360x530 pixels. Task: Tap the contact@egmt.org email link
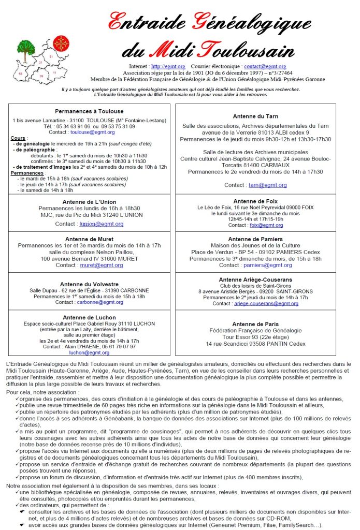tap(265, 66)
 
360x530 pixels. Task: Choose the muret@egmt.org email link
tap(101, 265)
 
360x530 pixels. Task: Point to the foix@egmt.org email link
tap(266, 225)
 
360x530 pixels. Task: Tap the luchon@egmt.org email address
tap(89, 352)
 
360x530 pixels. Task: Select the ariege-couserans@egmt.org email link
tap(266, 304)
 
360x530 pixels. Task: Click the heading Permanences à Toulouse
tap(89, 111)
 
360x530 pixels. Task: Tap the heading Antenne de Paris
tap(255, 324)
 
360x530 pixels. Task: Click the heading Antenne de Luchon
tap(89, 317)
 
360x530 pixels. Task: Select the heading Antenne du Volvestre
tap(89, 284)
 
